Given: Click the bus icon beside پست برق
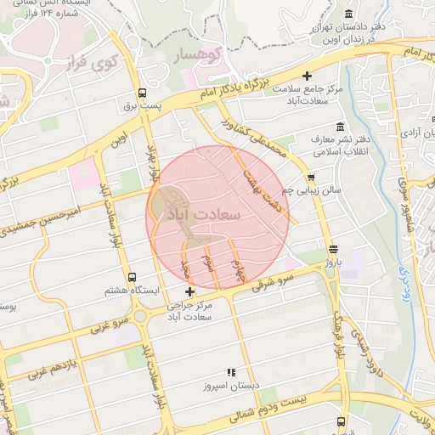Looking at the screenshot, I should (x=141, y=93).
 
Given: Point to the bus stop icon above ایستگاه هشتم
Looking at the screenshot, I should (x=132, y=277).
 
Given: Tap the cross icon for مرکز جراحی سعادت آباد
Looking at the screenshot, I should (x=201, y=292).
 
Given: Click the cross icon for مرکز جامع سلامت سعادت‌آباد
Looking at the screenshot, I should (x=319, y=77).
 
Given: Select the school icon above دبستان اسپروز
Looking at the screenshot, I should (x=230, y=372).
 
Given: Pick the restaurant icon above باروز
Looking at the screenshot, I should (x=332, y=250).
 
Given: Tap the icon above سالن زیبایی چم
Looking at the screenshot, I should (x=312, y=177).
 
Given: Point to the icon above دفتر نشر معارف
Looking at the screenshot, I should (x=341, y=126).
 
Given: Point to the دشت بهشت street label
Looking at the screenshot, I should (x=261, y=189).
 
